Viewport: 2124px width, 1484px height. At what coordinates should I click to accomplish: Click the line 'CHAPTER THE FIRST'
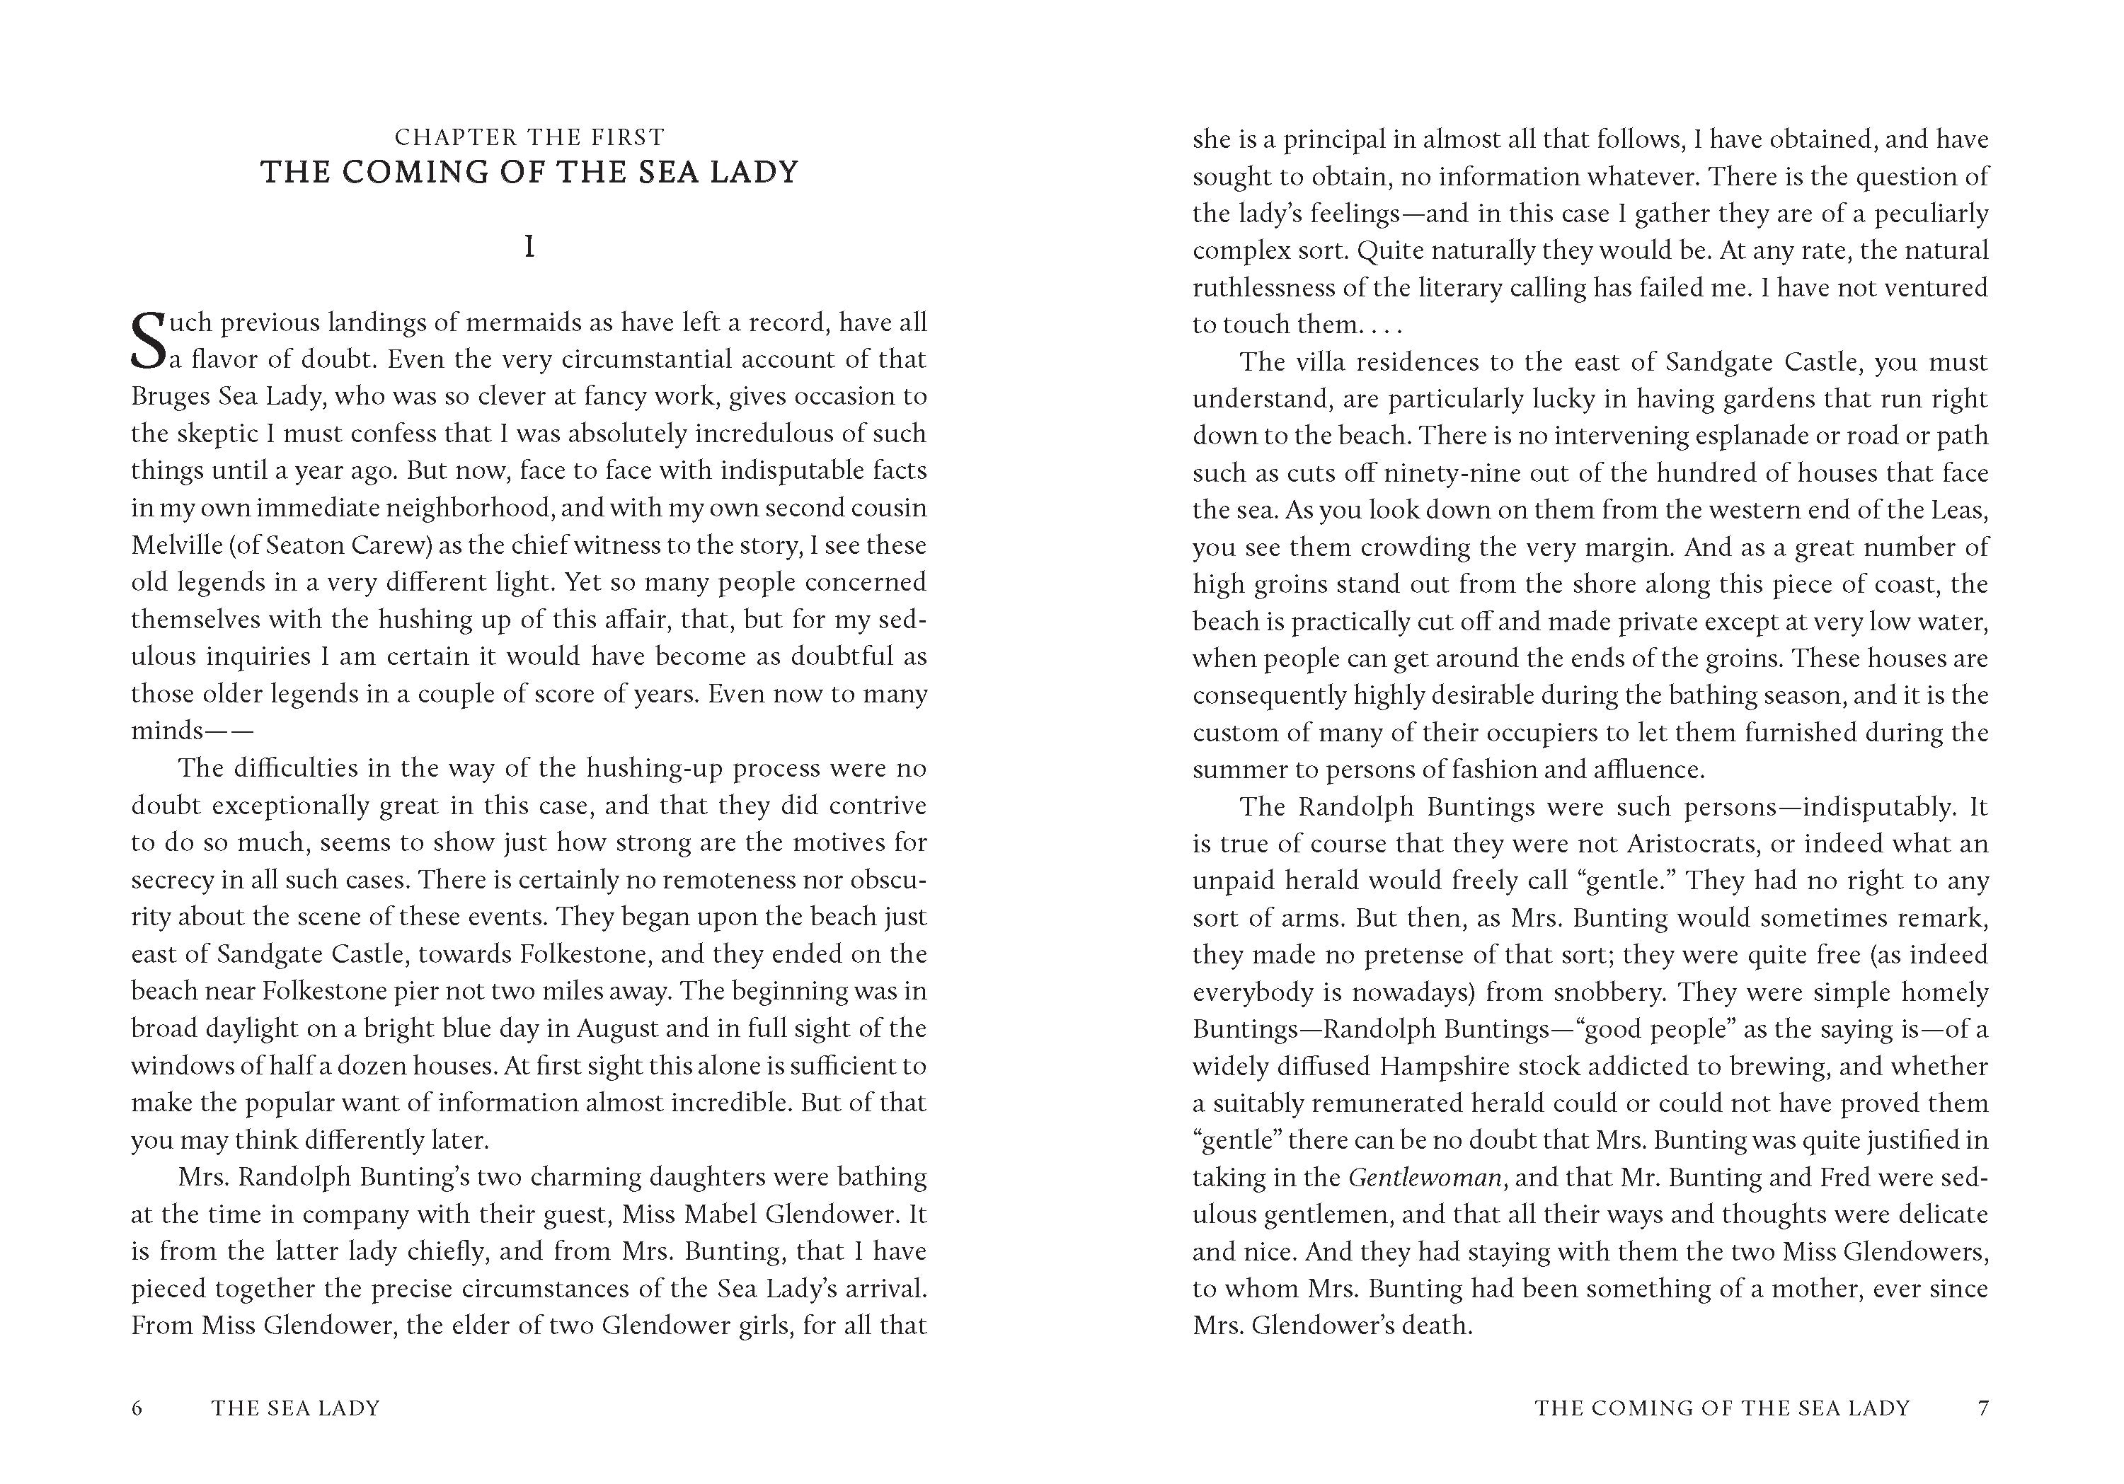(529, 138)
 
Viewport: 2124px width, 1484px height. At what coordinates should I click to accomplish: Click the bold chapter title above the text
(529, 173)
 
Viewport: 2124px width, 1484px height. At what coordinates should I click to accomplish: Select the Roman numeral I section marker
(529, 248)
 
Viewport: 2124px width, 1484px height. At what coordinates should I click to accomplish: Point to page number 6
(137, 1408)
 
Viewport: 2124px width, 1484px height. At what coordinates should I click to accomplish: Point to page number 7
(1982, 1408)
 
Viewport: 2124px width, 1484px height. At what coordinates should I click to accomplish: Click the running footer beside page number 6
(296, 1408)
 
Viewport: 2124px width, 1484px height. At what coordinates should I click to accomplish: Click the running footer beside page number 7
(1723, 1408)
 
